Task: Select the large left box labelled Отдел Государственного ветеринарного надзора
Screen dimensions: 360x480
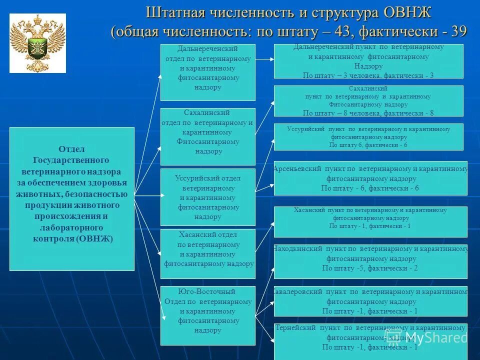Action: (x=72, y=198)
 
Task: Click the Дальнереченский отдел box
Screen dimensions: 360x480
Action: (x=207, y=72)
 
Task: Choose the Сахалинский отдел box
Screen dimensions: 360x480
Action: (x=207, y=136)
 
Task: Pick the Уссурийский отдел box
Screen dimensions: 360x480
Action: (x=207, y=196)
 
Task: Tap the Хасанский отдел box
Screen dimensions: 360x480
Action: (x=207, y=253)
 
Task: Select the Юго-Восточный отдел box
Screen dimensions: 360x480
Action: (x=207, y=315)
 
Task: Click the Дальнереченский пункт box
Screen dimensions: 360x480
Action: (x=368, y=61)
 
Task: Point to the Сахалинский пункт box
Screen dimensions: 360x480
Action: (x=368, y=101)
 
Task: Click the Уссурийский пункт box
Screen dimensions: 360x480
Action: (x=368, y=136)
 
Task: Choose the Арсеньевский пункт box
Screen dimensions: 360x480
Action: (x=370, y=178)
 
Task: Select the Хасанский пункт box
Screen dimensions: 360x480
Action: (x=370, y=221)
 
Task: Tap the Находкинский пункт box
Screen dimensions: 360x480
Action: (x=370, y=261)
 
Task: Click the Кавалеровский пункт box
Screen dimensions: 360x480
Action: (x=370, y=301)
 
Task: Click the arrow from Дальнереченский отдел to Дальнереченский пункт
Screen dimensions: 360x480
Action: (x=264, y=59)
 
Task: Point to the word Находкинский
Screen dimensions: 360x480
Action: (x=297, y=248)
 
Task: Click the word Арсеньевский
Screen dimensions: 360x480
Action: (x=297, y=169)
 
